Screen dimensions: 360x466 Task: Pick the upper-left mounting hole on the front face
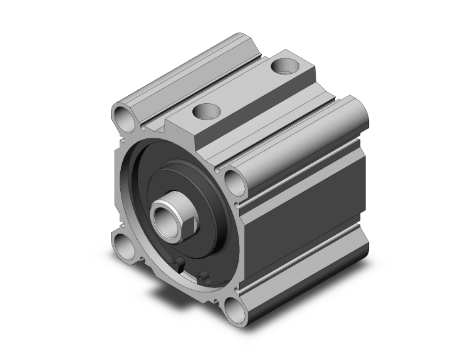(x=122, y=116)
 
